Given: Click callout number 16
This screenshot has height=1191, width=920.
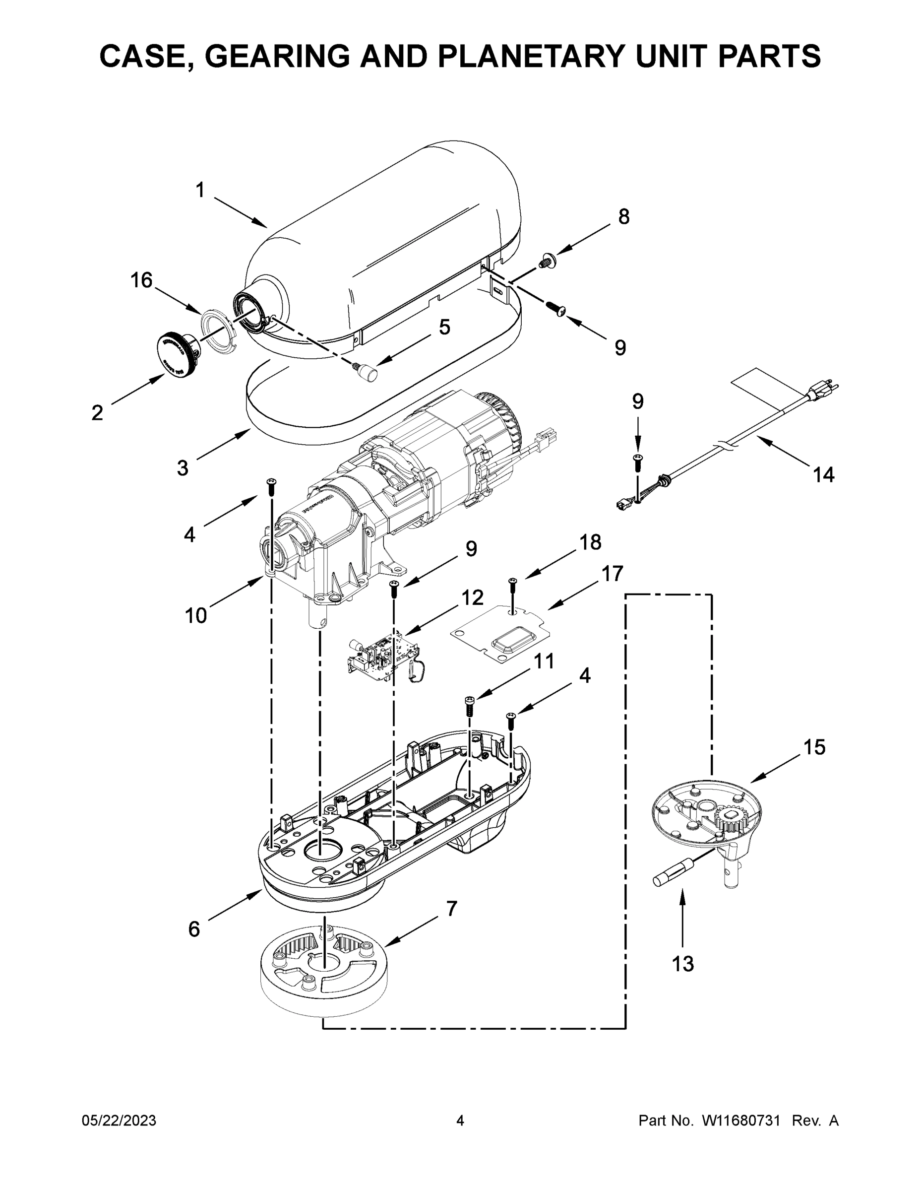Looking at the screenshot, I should [x=141, y=280].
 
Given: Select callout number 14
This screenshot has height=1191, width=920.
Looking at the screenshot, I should [x=823, y=474].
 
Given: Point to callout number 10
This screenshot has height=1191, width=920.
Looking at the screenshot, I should [x=196, y=616].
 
